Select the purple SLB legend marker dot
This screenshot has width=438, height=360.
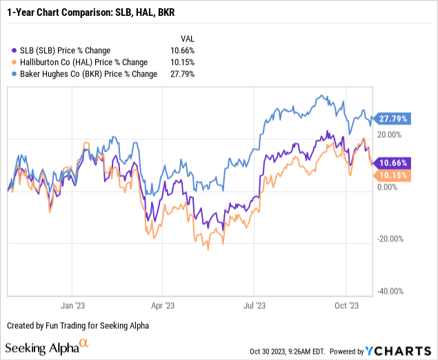pos(16,50)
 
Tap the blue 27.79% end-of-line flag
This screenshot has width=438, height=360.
pos(392,119)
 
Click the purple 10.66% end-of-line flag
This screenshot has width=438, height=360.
pos(392,163)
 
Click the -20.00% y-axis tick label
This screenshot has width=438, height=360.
pos(390,239)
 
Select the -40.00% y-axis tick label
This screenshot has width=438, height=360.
pos(390,292)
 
